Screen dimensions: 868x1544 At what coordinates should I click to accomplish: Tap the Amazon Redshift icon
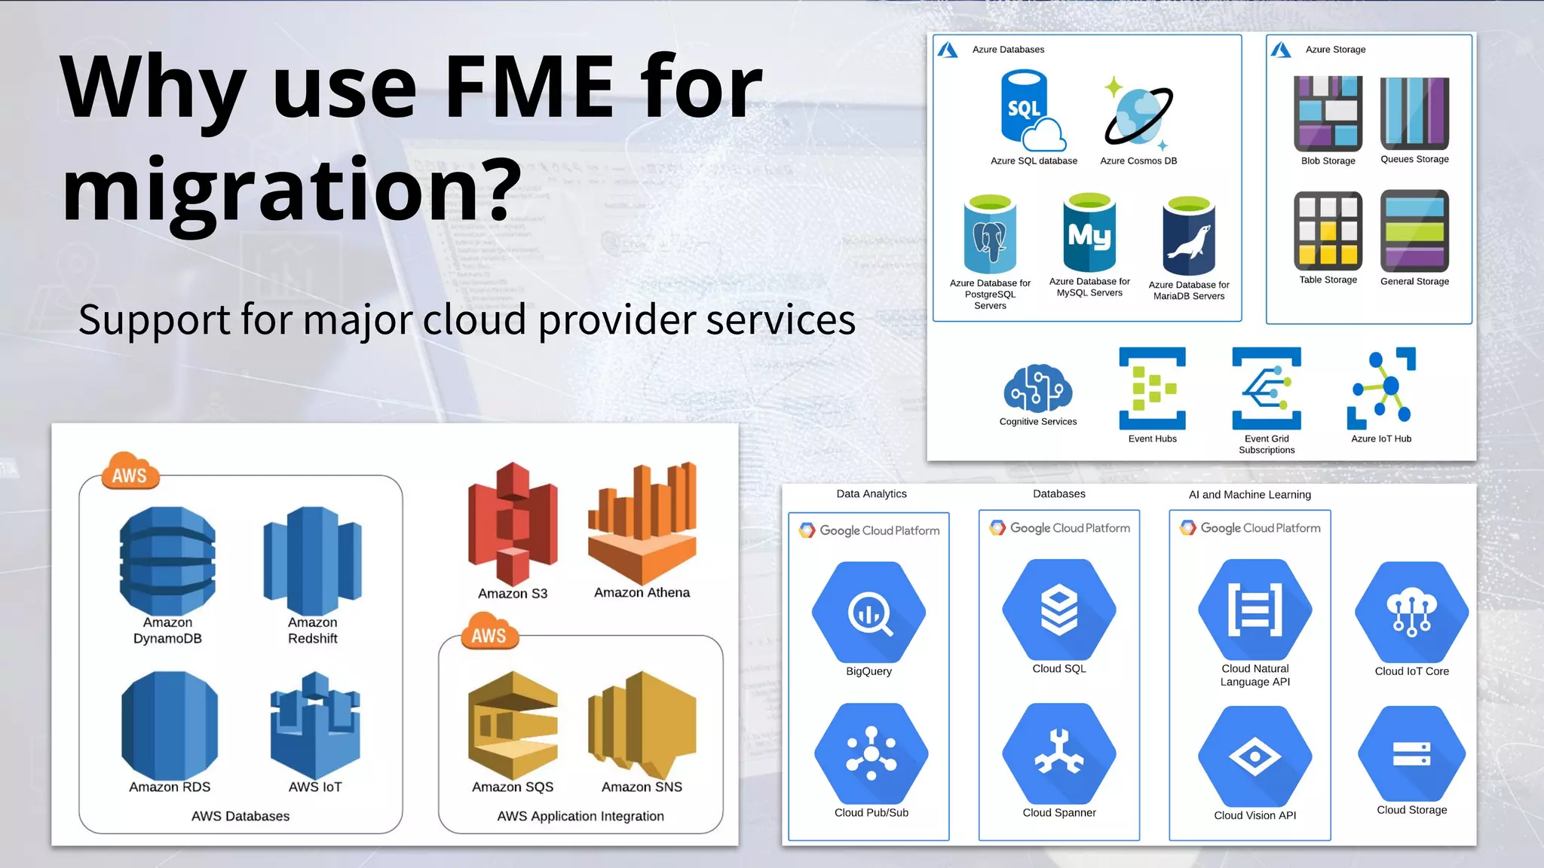[312, 561]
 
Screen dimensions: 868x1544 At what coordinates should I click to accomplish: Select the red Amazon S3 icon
[513, 524]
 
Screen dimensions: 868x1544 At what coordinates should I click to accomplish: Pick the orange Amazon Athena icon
[642, 524]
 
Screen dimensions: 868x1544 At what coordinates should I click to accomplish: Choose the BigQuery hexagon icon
[869, 612]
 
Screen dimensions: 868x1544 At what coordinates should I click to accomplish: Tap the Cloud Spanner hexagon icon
[1059, 753]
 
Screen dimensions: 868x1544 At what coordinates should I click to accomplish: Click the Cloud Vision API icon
[1255, 756]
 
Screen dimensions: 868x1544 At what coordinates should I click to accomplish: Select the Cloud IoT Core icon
[1411, 612]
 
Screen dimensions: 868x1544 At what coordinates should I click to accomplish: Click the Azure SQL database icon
[1031, 110]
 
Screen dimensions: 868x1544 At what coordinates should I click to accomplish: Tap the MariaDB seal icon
[1189, 237]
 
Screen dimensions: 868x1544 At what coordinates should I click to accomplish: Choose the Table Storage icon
[1328, 231]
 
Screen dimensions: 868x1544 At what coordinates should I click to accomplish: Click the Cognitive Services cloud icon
[1038, 389]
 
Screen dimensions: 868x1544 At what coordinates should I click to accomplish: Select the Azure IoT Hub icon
[1381, 388]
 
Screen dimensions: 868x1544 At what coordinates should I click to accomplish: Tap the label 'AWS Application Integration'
[581, 816]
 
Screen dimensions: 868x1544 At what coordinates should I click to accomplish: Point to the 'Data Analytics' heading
[872, 494]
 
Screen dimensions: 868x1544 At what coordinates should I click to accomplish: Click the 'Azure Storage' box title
[1335, 49]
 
